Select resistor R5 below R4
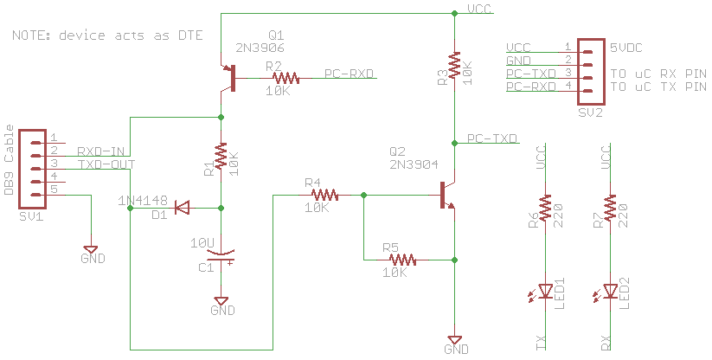[402, 259]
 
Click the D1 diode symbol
[183, 208]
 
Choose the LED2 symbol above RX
[611, 291]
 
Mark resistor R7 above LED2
[611, 209]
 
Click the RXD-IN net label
[100, 151]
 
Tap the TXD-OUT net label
[106, 164]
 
